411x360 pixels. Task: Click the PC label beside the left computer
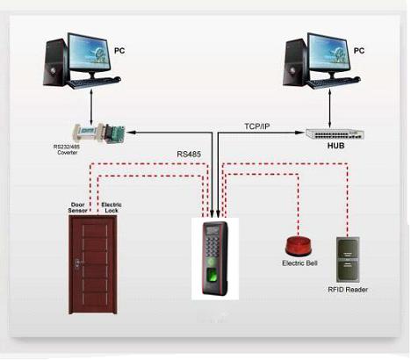[119, 51]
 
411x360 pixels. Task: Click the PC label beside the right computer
[359, 51]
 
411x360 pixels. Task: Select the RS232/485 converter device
[99, 133]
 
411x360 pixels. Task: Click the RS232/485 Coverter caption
[66, 149]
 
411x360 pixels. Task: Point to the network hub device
[335, 133]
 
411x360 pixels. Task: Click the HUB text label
[335, 146]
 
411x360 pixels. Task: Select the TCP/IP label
[257, 126]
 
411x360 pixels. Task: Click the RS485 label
[189, 155]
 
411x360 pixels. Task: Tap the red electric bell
[299, 245]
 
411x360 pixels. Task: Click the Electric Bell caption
[299, 263]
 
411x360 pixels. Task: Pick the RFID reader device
[348, 259]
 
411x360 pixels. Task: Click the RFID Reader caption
[348, 290]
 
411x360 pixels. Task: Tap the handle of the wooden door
[77, 263]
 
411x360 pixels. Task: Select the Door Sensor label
[77, 207]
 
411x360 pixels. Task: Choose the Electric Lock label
[112, 207]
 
